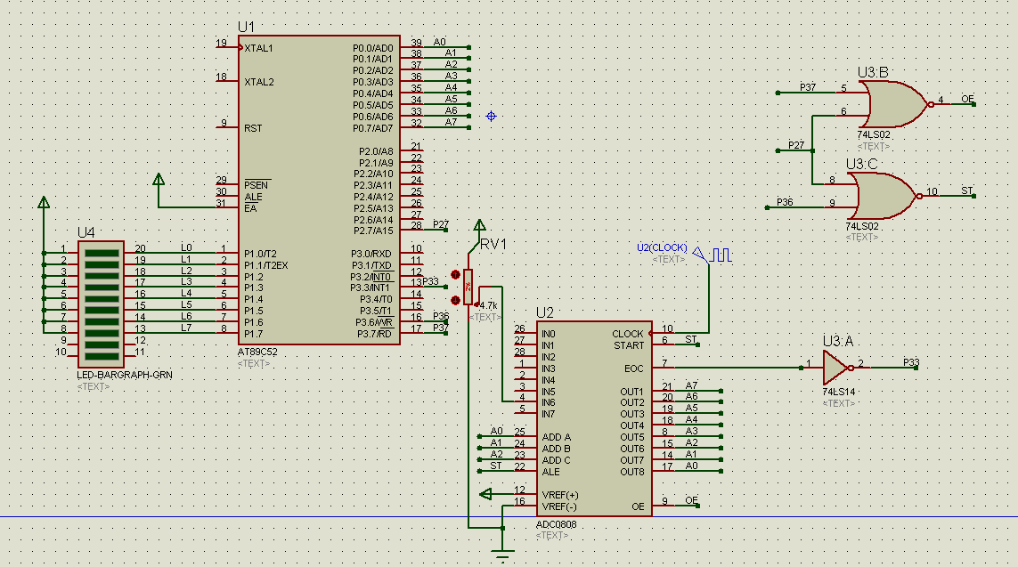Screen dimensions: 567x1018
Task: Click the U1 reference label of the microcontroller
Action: click(x=246, y=27)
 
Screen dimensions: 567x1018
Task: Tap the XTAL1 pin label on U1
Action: click(x=259, y=48)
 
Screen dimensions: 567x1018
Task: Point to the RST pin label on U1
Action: click(x=253, y=128)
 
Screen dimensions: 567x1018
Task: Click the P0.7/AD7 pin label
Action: click(x=372, y=128)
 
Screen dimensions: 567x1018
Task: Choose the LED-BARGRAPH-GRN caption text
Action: click(x=125, y=376)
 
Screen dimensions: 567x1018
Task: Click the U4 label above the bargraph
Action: click(x=86, y=232)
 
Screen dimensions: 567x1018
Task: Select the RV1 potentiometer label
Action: click(x=493, y=244)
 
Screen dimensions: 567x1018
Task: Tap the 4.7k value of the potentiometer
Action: click(x=488, y=305)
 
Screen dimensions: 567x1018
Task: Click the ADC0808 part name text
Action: click(x=557, y=524)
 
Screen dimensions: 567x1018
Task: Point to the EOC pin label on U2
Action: click(x=633, y=368)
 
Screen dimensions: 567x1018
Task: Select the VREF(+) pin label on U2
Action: click(x=559, y=494)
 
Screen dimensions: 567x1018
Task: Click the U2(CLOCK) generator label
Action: click(x=661, y=247)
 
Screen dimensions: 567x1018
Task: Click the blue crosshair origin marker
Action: click(x=491, y=116)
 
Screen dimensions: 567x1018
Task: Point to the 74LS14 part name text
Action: click(x=839, y=391)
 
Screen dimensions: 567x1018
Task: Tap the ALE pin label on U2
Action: click(x=550, y=472)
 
